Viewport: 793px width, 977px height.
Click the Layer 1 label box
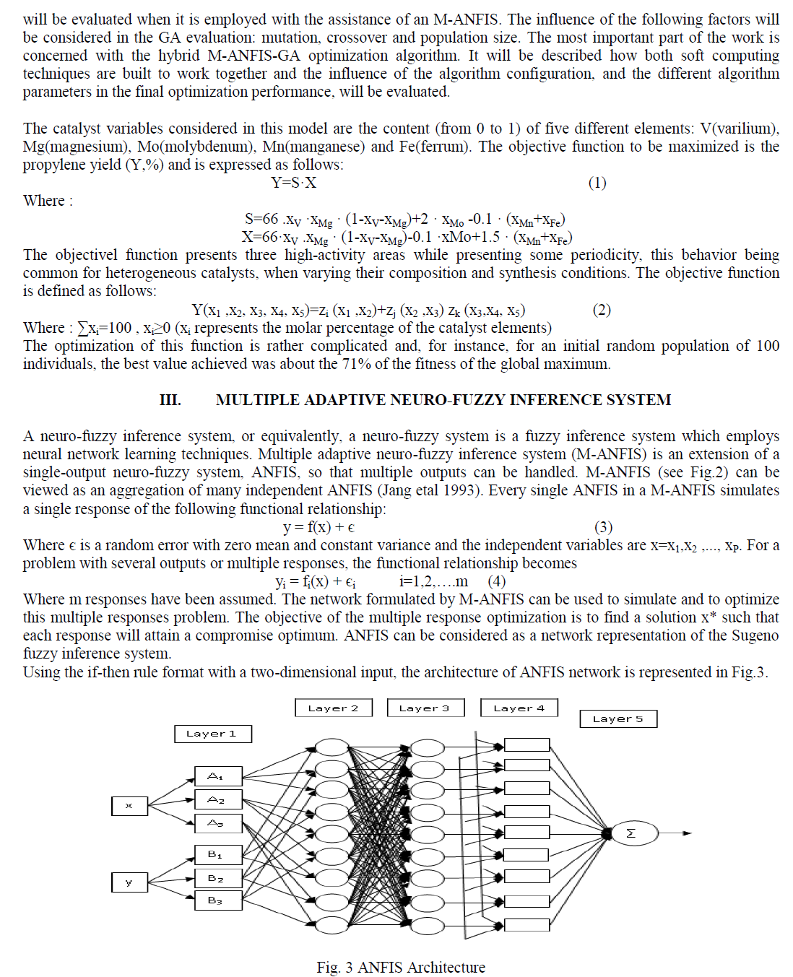point(212,734)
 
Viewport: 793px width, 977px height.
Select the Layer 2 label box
point(333,708)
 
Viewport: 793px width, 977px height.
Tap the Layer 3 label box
point(425,708)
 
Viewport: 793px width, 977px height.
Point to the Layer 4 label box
point(519,708)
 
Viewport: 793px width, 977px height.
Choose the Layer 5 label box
point(617,718)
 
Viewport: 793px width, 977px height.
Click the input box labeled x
point(129,805)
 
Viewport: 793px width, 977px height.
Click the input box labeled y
point(129,882)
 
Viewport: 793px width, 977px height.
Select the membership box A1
point(217,776)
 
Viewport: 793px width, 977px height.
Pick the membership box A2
point(217,799)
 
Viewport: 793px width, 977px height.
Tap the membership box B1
point(217,855)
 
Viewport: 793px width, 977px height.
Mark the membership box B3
point(217,900)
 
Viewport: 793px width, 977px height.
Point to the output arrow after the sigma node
point(675,833)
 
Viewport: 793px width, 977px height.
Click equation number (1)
point(597,183)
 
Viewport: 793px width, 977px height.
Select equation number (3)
point(603,527)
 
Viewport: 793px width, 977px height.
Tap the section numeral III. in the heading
point(170,400)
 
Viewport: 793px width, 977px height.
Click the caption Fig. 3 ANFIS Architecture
point(401,967)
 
